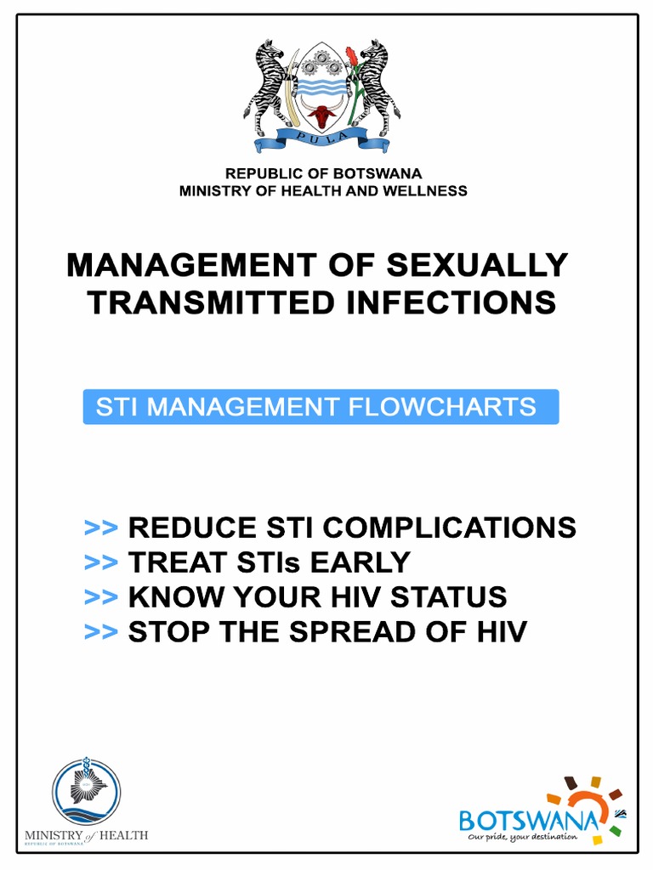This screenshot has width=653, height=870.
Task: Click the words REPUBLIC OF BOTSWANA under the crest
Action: pyautogui.click(x=323, y=174)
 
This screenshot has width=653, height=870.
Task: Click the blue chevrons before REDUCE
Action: pyautogui.click(x=100, y=528)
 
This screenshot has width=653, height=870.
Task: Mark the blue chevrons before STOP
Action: pyautogui.click(x=100, y=632)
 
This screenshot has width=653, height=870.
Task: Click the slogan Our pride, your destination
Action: pyautogui.click(x=524, y=837)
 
